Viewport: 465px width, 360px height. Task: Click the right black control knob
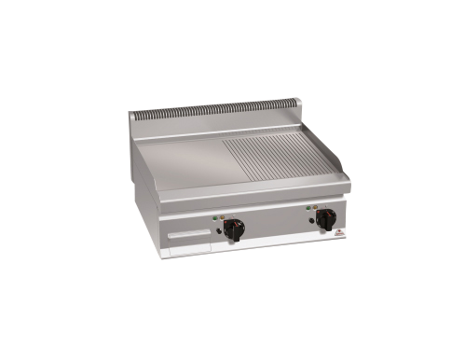[326, 218]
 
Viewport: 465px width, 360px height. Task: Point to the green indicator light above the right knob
[308, 209]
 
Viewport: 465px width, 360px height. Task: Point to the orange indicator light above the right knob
[314, 208]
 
